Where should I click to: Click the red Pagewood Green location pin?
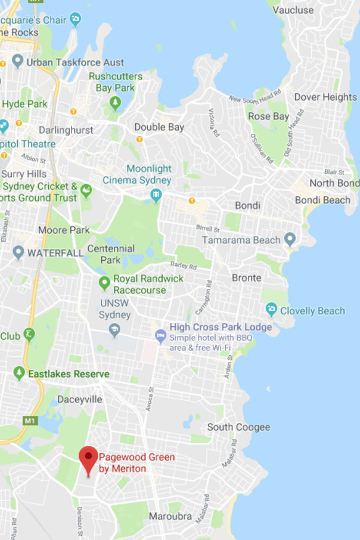coord(89,458)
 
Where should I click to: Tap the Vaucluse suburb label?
coord(293,10)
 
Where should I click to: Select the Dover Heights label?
coord(325,97)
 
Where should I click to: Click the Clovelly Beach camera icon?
coord(271,309)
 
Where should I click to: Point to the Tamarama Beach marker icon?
coord(290,240)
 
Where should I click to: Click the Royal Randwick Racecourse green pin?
coord(104,284)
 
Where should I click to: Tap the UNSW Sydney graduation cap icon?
coord(114,330)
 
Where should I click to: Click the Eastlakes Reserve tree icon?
coord(19,374)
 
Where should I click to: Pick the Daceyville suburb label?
coord(80,399)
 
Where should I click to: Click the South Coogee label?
coord(238,427)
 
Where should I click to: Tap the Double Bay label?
coord(159,127)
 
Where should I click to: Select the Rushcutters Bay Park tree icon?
coord(115,102)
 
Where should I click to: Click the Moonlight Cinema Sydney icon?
coord(156,195)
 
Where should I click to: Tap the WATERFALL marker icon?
coord(18,252)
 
